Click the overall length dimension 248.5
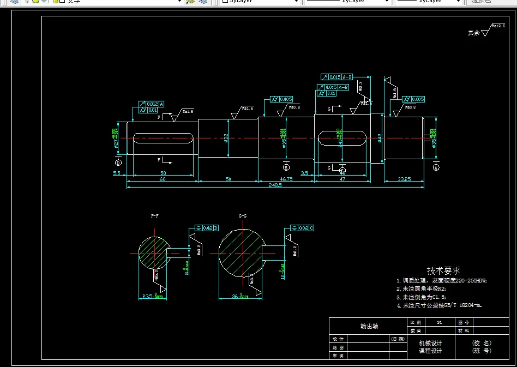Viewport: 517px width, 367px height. (x=275, y=185)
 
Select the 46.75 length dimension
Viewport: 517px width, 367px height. (x=286, y=178)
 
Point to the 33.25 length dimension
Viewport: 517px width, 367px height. (x=404, y=178)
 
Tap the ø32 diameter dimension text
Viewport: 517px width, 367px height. (x=226, y=139)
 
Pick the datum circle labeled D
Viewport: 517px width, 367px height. (x=118, y=162)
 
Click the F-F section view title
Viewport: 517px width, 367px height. (x=155, y=216)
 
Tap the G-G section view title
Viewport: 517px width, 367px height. (x=243, y=216)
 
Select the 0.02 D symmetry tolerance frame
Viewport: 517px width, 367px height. (x=206, y=227)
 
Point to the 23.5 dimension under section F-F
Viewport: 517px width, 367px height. (x=149, y=297)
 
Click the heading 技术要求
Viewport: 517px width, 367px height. (x=443, y=270)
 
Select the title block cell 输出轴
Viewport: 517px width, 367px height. (x=369, y=326)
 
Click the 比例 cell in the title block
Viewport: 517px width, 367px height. (x=416, y=322)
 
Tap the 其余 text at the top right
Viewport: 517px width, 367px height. (x=473, y=33)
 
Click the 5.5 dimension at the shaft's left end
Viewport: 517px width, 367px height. (x=117, y=173)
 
